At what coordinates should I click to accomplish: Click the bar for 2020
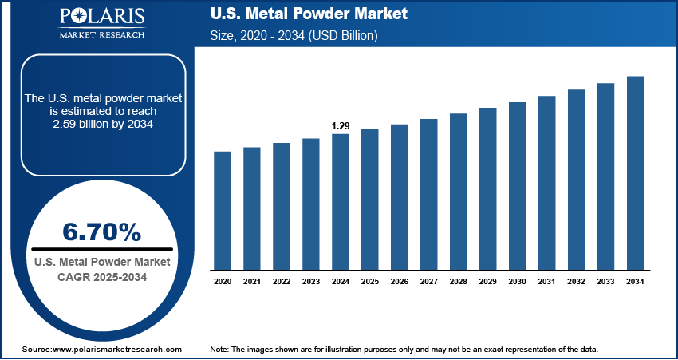223,210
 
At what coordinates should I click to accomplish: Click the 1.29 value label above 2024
341,126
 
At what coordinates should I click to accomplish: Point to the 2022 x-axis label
282,281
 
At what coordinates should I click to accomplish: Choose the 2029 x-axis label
487,281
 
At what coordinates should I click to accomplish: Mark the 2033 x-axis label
605,281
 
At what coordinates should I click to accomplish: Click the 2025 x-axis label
370,281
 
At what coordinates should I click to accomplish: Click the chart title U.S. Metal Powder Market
308,14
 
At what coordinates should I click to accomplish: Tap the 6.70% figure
101,232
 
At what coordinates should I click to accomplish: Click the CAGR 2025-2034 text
101,276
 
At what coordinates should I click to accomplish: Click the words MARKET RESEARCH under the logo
101,35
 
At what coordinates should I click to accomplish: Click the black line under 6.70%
101,249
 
